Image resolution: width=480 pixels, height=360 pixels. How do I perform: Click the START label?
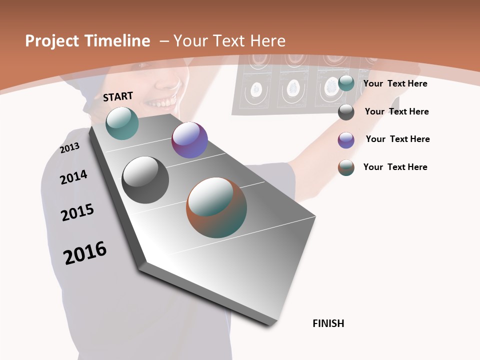118,96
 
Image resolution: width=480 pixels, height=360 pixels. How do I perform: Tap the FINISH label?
328,323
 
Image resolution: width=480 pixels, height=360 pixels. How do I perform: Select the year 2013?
70,148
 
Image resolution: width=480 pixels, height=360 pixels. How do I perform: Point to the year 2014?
73,177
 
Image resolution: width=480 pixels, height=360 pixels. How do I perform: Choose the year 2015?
77,212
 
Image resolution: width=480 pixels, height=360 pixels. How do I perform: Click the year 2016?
85,253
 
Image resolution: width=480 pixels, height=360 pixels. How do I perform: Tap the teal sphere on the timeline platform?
122,123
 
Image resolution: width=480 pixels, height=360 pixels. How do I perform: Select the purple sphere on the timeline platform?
189,140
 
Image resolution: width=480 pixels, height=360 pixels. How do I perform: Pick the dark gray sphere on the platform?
145,180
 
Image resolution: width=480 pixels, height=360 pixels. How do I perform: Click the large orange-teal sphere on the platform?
216,207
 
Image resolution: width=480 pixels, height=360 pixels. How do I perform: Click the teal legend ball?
346,83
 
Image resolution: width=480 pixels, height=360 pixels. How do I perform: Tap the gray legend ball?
346,112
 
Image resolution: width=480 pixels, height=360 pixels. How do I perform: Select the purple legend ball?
346,140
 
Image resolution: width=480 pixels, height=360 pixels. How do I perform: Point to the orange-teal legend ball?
346,167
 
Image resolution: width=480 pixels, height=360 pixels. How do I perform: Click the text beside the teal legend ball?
395,83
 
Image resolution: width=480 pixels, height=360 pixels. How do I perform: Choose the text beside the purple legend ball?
398,139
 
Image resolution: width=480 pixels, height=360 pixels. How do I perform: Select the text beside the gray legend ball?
397,111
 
